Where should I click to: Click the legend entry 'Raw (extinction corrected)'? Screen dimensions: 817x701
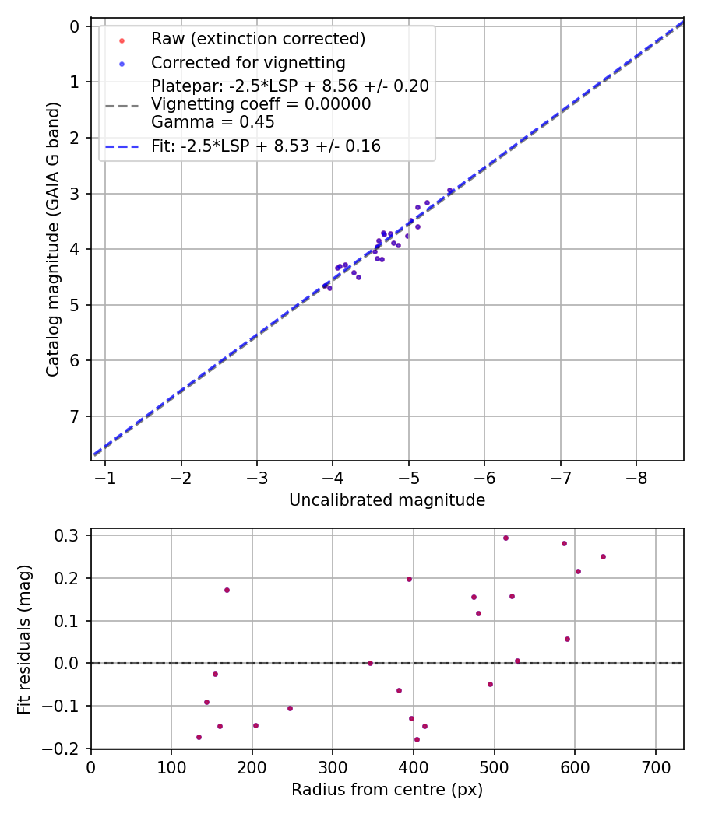(x=258, y=39)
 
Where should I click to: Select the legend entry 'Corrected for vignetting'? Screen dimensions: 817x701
(x=248, y=62)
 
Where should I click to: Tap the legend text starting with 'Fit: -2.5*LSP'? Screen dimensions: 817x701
(x=266, y=146)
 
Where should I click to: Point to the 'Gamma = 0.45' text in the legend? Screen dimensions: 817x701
(x=213, y=122)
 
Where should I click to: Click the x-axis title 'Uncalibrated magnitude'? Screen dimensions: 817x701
(x=387, y=500)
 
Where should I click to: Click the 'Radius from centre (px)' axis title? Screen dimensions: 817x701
(x=387, y=790)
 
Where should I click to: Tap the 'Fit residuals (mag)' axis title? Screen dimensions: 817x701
(x=25, y=639)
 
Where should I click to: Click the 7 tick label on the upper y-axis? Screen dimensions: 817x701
(x=76, y=416)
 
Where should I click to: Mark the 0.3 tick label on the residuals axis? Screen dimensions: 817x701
(x=71, y=535)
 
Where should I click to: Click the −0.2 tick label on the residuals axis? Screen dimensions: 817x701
(x=67, y=749)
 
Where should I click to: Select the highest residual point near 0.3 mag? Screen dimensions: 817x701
(x=505, y=538)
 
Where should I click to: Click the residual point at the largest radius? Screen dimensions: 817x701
(x=603, y=556)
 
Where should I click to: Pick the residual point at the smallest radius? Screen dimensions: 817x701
(x=199, y=737)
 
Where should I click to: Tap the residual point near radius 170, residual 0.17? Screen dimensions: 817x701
(x=227, y=590)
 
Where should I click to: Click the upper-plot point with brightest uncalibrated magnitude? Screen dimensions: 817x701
(x=449, y=191)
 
